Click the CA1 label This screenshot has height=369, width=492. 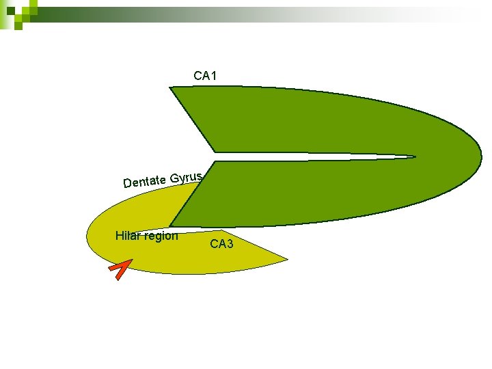[x=205, y=75]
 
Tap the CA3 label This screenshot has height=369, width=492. [x=221, y=243]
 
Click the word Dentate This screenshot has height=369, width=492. [x=145, y=181]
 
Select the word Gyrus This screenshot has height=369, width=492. [x=186, y=178]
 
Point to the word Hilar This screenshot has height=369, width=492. [x=127, y=236]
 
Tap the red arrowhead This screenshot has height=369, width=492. [x=120, y=270]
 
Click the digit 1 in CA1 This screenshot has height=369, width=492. [x=214, y=75]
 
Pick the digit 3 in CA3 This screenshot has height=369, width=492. [x=230, y=243]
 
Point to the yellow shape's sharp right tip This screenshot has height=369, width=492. [x=286, y=259]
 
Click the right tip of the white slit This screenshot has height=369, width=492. [x=414, y=156]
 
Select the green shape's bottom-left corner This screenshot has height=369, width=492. [x=171, y=225]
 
